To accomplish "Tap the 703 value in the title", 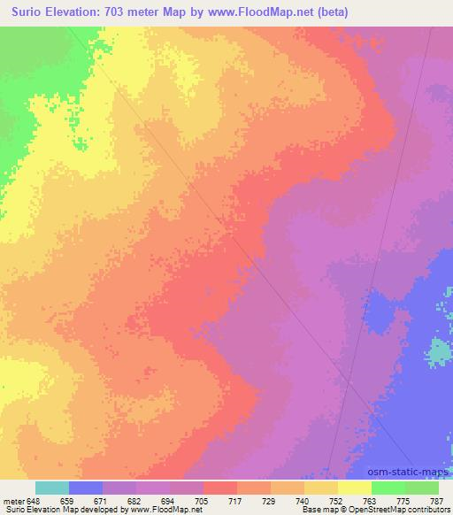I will click(x=119, y=12).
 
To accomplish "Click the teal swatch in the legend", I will click(x=52, y=488).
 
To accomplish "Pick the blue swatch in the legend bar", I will click(x=86, y=488).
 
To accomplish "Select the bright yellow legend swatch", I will click(x=355, y=488).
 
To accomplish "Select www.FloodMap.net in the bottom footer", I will click(x=161, y=510).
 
